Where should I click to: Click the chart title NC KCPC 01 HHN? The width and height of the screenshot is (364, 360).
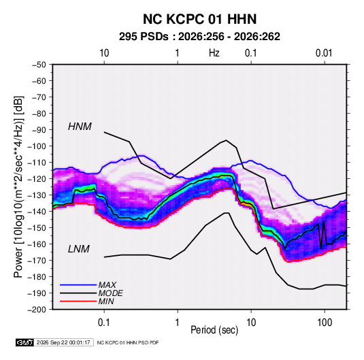(x=199, y=19)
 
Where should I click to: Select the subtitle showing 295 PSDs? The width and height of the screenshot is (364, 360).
(x=199, y=37)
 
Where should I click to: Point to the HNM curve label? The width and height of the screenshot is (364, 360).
(x=80, y=127)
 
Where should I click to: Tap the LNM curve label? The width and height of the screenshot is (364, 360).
(x=79, y=249)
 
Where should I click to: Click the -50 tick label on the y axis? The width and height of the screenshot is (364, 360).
(x=39, y=65)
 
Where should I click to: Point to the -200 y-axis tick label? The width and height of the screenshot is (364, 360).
(x=37, y=310)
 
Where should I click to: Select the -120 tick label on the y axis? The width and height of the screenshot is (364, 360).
(x=37, y=179)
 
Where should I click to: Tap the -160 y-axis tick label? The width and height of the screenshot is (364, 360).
(x=37, y=244)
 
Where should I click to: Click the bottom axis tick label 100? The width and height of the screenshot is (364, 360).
(x=325, y=323)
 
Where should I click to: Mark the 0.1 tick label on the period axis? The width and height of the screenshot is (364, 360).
(x=104, y=323)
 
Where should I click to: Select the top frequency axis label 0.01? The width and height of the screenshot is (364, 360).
(x=324, y=53)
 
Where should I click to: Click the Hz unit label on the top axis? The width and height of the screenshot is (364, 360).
(x=214, y=53)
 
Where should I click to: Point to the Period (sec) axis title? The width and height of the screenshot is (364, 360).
(x=214, y=330)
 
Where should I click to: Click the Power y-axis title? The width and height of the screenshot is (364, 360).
(x=18, y=186)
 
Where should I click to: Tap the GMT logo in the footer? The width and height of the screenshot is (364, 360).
(x=25, y=342)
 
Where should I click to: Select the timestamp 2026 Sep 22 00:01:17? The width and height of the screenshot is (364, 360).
(x=63, y=342)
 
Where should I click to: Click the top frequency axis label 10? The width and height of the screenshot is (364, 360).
(x=104, y=53)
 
